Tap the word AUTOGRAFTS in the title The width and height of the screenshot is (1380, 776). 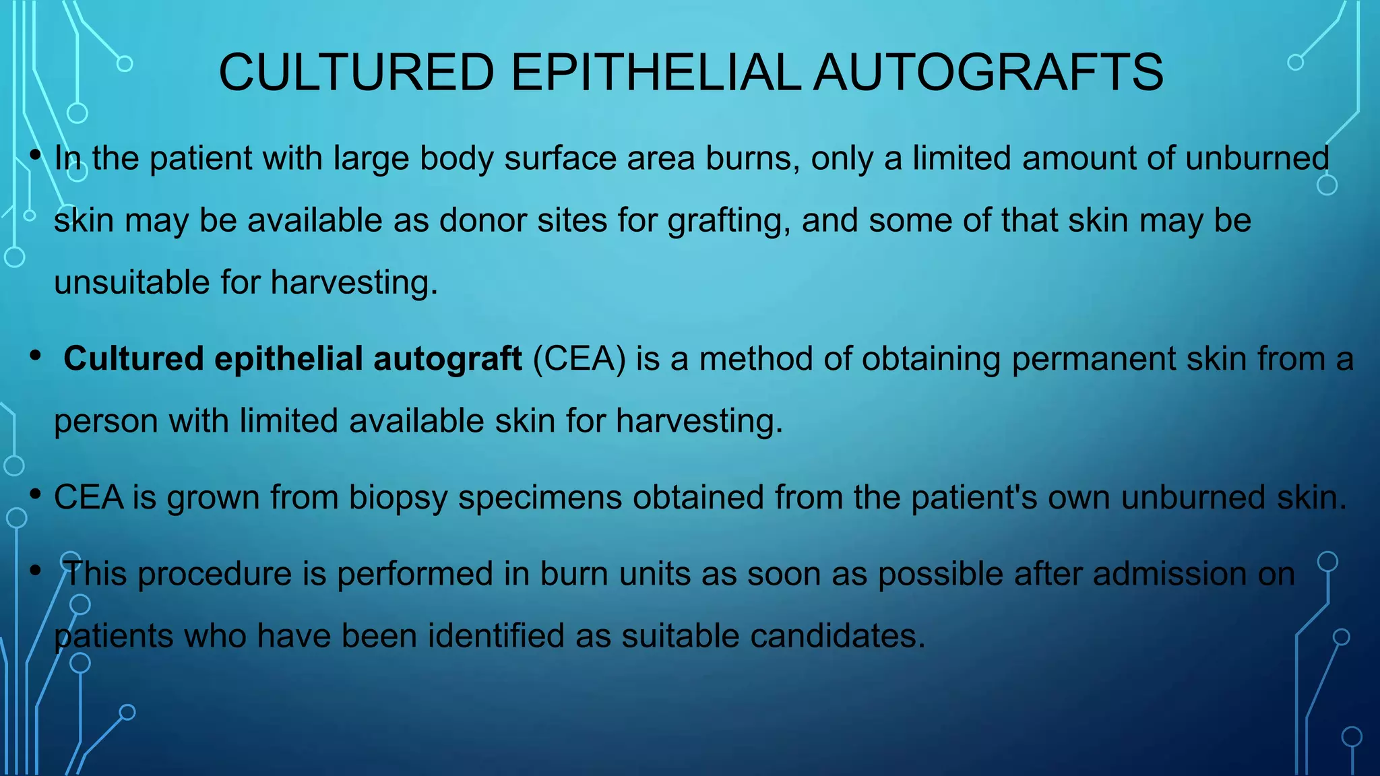coord(988,73)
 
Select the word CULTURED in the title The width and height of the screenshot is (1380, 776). coord(356,73)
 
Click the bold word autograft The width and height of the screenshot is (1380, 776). coord(447,358)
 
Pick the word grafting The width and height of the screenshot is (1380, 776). coord(728,221)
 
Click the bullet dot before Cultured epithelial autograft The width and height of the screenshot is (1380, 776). coord(35,356)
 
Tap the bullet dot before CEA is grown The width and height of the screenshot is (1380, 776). coord(35,495)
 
